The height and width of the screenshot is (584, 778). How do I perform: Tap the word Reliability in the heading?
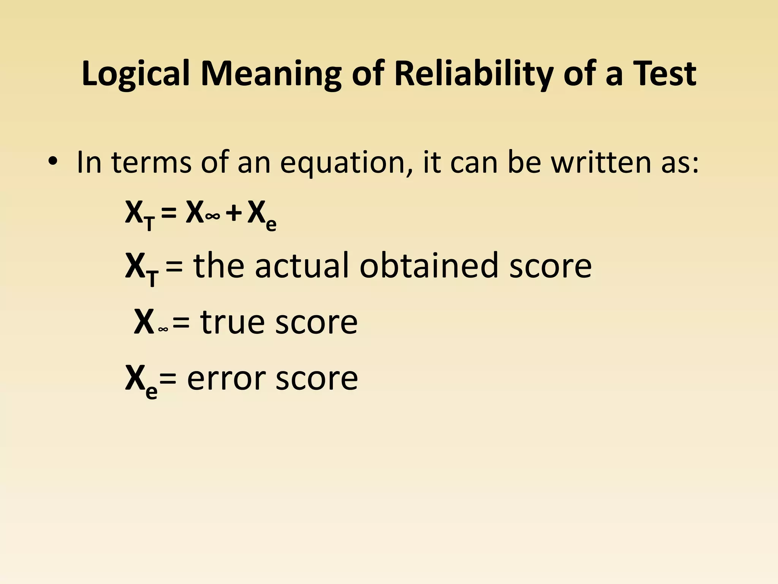click(473, 74)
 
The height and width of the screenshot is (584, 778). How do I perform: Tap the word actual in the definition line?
click(302, 266)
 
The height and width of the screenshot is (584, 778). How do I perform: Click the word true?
click(232, 322)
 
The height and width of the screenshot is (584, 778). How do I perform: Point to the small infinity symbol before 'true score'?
click(163, 329)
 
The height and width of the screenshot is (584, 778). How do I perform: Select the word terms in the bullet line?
click(151, 163)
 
